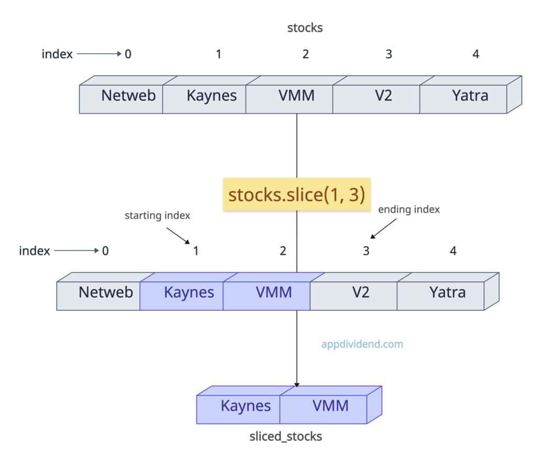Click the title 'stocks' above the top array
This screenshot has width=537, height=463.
[305, 28]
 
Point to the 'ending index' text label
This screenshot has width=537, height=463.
[409, 209]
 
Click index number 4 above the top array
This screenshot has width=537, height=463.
[476, 54]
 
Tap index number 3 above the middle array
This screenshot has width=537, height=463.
[366, 251]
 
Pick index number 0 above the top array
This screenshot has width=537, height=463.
[128, 54]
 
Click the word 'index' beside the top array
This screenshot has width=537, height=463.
[57, 54]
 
